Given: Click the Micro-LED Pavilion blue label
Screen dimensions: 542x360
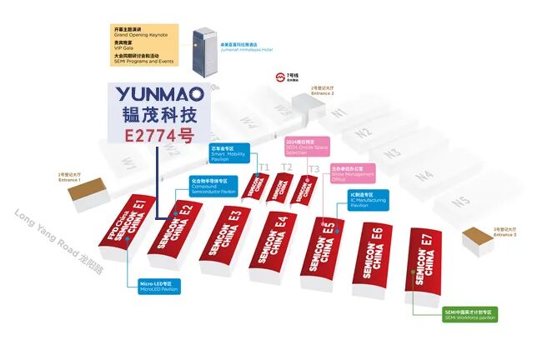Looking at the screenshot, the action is click(161, 286).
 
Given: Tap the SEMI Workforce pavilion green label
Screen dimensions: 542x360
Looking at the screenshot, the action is click(469, 315).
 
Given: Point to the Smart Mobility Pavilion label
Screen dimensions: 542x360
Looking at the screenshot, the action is click(229, 155).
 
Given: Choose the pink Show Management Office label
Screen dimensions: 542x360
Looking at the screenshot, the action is click(353, 172).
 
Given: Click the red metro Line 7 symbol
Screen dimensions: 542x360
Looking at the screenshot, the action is click(281, 77).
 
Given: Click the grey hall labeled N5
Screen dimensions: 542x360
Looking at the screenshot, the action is click(460, 202).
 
